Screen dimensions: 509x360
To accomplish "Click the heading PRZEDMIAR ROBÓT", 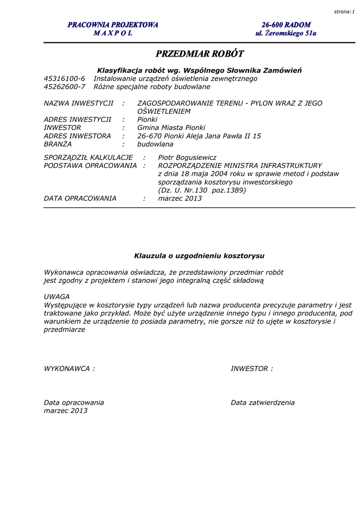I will [199, 54].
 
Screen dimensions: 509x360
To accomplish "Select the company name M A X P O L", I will [113, 33].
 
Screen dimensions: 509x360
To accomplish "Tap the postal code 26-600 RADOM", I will [286, 25].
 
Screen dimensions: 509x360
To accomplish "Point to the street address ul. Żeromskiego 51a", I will [286, 33].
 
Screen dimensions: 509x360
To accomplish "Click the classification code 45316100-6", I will [65, 79].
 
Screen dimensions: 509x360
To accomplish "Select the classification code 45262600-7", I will [65, 86].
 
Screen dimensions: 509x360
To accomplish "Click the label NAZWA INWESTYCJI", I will [79, 103].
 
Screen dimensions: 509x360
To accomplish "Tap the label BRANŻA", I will [58, 144].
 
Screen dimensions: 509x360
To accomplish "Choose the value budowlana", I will [155, 144].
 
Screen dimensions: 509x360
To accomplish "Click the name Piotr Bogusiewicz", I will [187, 157].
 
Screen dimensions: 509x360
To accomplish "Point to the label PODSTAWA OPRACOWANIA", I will [90, 166].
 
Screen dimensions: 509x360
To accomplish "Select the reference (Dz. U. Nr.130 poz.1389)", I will [202, 190].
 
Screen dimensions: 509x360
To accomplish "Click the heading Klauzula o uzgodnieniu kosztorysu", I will [199, 256].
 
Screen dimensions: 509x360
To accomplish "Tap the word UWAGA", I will [57, 297].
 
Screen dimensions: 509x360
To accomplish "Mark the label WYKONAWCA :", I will [69, 369].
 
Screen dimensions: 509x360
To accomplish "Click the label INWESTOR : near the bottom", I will [252, 369].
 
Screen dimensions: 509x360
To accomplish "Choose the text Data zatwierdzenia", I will [263, 403].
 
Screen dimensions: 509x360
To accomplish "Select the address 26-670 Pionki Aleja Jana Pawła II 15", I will [199, 136].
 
